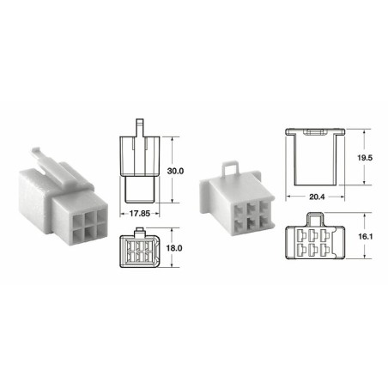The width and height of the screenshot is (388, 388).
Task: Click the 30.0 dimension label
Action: (175, 172)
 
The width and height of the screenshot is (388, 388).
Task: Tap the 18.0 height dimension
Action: (175, 247)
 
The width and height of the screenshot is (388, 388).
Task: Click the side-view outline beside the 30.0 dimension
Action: (138, 167)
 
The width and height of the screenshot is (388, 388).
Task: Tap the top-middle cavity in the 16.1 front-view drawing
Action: (317, 235)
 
